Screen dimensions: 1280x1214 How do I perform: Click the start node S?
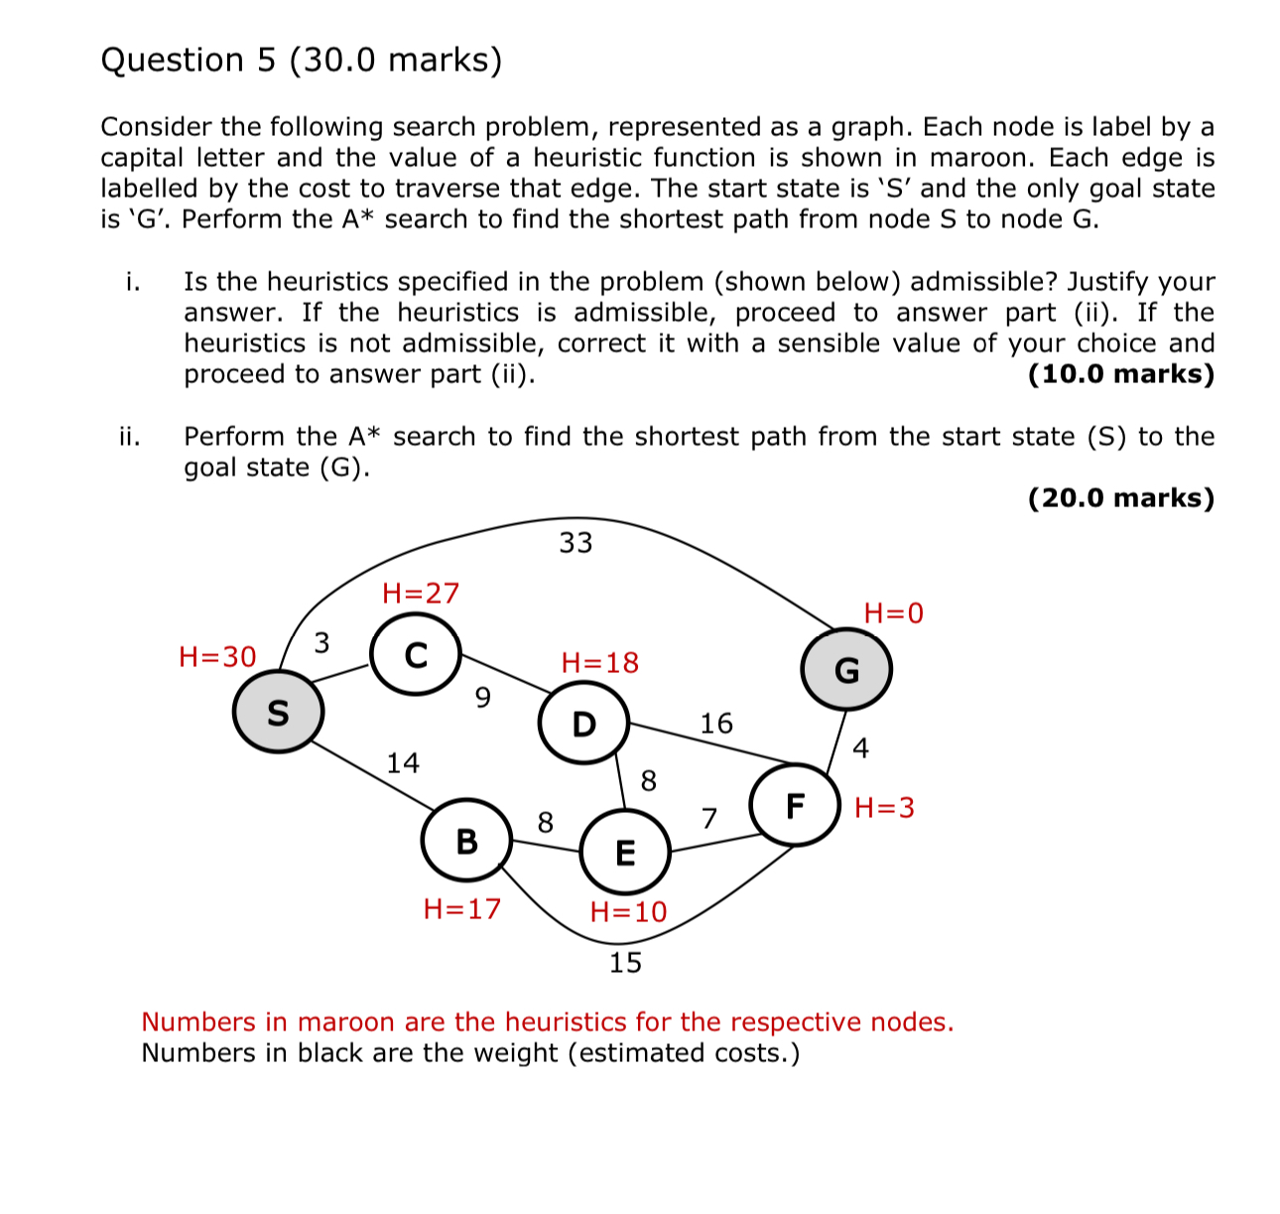tap(278, 712)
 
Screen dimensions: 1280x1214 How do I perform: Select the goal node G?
tap(846, 670)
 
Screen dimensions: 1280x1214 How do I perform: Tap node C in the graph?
tap(416, 655)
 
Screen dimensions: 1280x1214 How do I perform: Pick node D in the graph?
tap(583, 724)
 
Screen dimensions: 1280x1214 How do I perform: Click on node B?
tap(466, 841)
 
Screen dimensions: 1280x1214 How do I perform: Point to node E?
tap(625, 852)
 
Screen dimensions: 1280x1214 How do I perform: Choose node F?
tap(795, 805)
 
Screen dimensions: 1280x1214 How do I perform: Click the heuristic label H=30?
tap(217, 656)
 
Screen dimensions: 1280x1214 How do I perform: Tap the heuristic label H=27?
tap(421, 593)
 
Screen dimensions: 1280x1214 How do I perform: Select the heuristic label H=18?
tap(599, 662)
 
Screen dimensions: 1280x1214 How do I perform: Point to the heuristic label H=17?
tap(461, 908)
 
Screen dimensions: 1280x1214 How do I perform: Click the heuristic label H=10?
tap(628, 911)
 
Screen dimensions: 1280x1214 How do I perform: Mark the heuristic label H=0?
tap(893, 612)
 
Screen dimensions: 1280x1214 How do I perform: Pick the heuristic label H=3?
tap(884, 807)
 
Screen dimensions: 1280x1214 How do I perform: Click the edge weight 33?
tap(576, 542)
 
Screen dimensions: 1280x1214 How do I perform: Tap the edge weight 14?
tap(403, 762)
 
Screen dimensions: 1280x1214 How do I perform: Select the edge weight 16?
tap(716, 723)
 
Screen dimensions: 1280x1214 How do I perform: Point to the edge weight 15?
tap(625, 962)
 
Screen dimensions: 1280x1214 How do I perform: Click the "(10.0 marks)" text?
tap(1120, 373)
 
